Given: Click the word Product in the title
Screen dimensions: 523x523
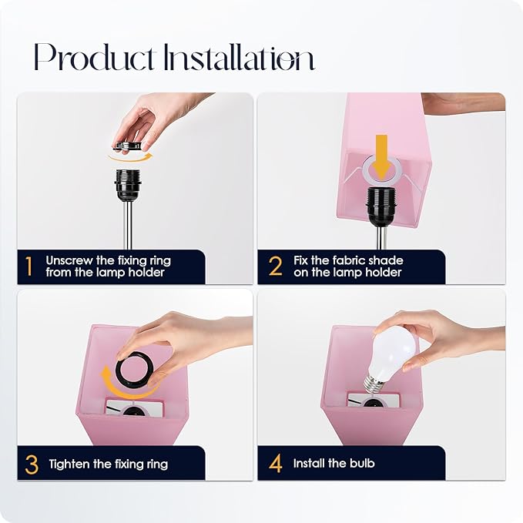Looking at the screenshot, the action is coord(94,57).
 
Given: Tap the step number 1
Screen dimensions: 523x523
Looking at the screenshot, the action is coord(29,267).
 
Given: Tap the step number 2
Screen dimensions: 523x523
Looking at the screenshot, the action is coord(276,267).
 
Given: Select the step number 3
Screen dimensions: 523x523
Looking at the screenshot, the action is coord(32,464).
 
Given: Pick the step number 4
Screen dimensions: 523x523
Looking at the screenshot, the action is coord(276,464).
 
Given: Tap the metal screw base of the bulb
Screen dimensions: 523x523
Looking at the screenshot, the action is coord(372,385).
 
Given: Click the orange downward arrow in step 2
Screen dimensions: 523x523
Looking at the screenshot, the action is coord(382,157).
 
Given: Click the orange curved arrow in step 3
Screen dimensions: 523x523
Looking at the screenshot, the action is coord(124,388).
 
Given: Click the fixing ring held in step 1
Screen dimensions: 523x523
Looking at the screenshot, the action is coord(127,146).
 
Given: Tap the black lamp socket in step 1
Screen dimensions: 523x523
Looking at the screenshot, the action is coord(127,185).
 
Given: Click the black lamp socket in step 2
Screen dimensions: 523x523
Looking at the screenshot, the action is coord(381,206).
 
